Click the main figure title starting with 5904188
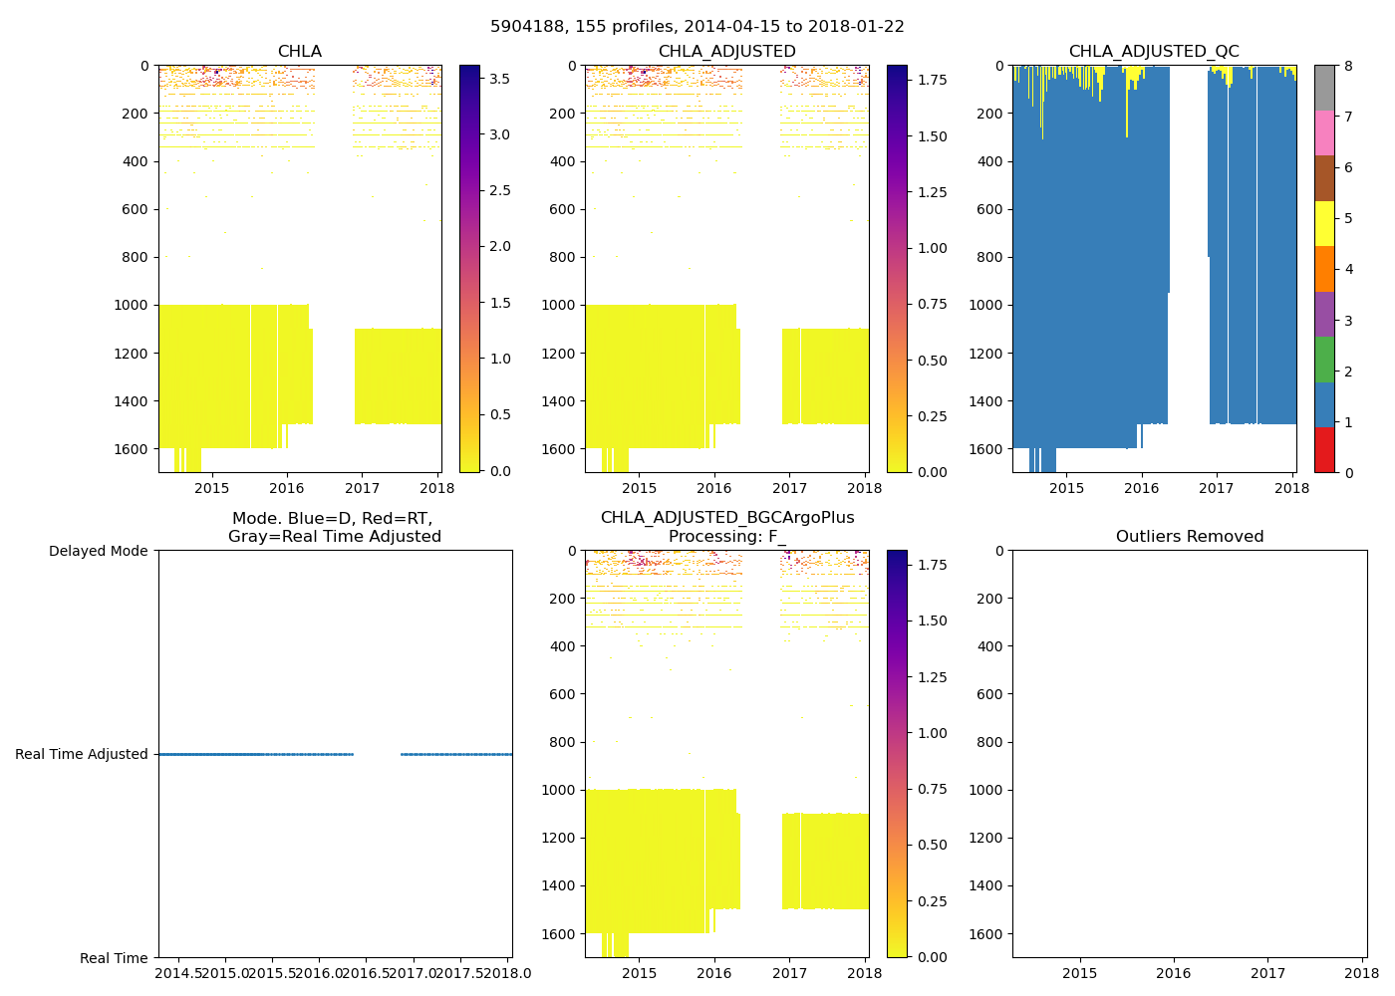(x=697, y=27)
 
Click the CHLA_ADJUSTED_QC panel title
(x=1154, y=52)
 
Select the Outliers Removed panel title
(x=1189, y=537)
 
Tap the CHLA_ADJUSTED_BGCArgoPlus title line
(x=726, y=518)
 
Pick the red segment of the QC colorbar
(x=1324, y=449)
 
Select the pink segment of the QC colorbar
(x=1324, y=132)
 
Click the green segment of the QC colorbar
(x=1324, y=359)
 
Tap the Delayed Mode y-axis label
(x=98, y=551)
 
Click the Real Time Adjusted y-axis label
(x=82, y=755)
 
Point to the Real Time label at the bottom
(x=114, y=958)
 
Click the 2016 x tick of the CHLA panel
(x=287, y=488)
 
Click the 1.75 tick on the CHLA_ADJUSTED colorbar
(x=932, y=80)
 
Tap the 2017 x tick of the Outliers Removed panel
(x=1267, y=973)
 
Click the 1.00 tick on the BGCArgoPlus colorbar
(x=932, y=733)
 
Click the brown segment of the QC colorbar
(x=1324, y=178)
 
